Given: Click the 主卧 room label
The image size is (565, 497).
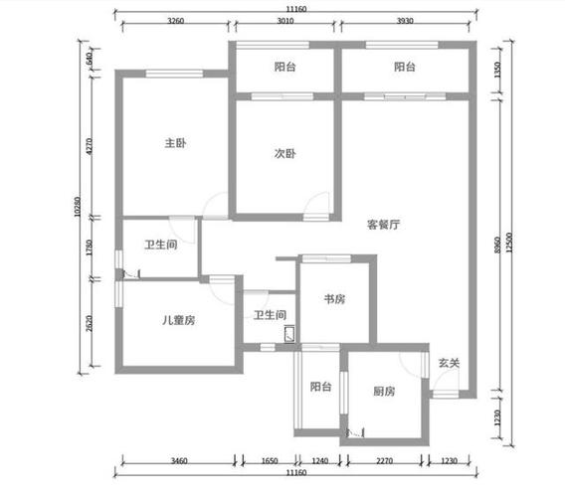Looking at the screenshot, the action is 175,143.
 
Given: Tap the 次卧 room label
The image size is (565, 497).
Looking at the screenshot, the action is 285,154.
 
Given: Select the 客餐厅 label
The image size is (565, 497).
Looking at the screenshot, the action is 383,225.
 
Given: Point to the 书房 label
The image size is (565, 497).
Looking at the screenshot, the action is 335,299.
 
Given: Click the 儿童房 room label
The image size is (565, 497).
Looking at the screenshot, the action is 179,320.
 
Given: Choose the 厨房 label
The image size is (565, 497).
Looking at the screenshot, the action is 384,391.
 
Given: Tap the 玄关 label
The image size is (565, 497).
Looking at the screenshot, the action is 449,363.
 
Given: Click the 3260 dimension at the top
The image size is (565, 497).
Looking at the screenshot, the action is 175,21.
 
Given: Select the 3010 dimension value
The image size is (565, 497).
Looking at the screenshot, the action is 285,21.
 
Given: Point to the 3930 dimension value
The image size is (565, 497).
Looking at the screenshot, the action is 405,21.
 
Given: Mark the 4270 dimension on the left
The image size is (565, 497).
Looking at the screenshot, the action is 90,146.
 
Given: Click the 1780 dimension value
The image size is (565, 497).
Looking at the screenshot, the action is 90,248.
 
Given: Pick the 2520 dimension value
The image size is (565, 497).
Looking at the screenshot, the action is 90,323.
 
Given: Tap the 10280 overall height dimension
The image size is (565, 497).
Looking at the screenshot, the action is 78,207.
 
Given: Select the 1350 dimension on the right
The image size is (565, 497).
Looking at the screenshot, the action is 497,70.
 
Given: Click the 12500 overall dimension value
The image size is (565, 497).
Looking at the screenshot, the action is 509,243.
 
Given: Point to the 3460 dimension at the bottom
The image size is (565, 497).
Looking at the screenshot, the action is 179,460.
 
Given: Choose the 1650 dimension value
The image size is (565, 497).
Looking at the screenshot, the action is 270,460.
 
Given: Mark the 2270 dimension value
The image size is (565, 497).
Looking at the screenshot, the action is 385,460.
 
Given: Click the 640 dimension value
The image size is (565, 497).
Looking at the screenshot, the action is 90,58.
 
